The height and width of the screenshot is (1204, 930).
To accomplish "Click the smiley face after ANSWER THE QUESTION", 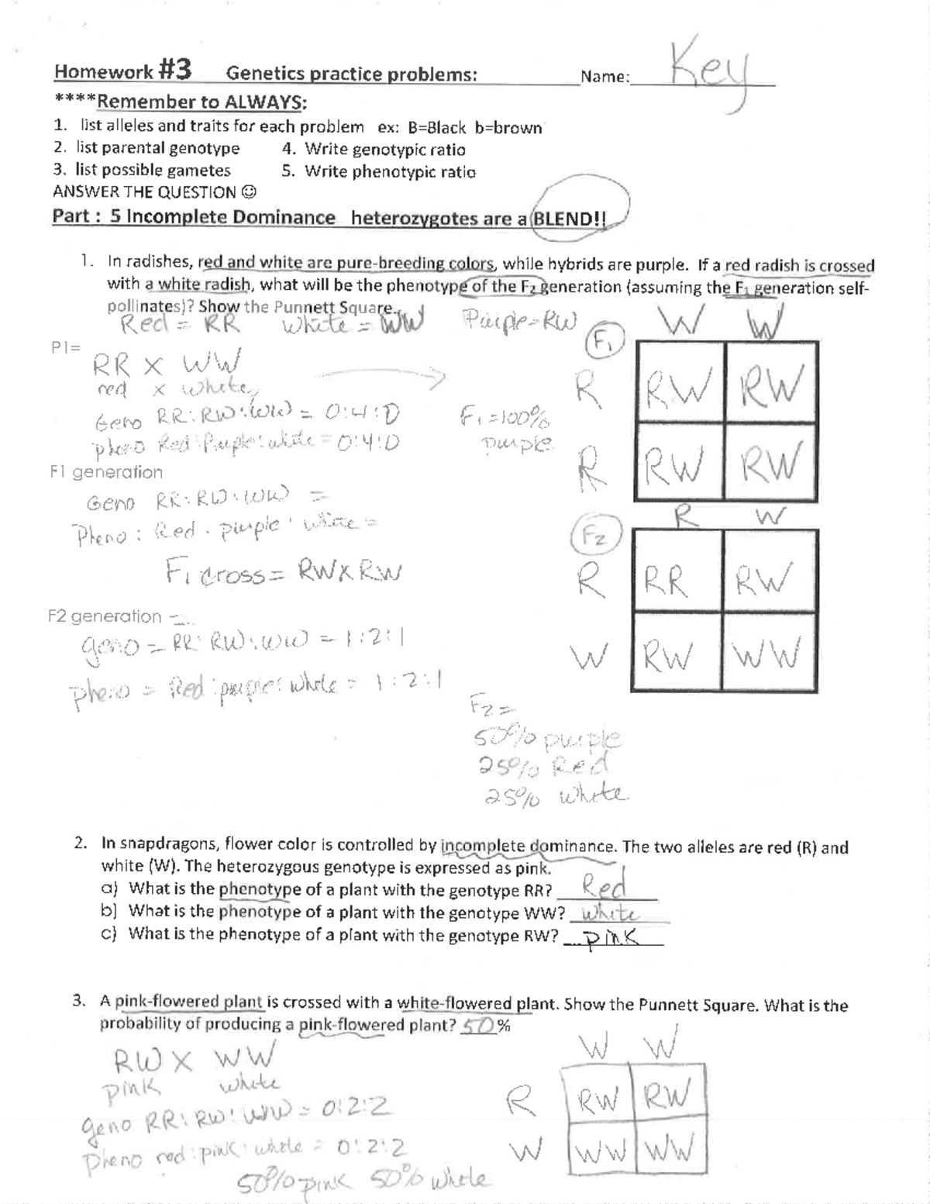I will click(x=249, y=192).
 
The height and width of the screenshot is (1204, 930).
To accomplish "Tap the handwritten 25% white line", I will click(x=556, y=795).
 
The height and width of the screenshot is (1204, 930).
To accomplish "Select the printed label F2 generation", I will click(x=105, y=616).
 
